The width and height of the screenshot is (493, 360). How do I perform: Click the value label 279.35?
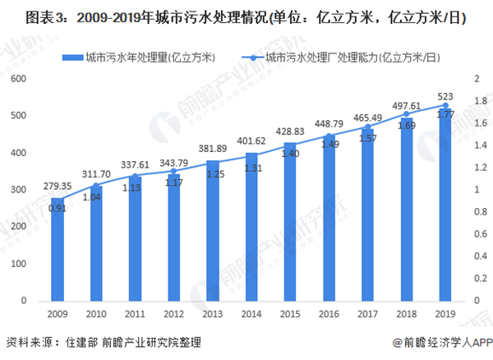click(x=58, y=186)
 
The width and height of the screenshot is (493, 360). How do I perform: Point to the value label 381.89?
click(x=213, y=148)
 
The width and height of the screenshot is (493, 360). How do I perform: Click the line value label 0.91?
click(x=58, y=208)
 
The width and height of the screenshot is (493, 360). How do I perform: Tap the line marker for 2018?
click(x=407, y=114)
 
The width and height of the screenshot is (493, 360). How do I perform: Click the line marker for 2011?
click(x=135, y=175)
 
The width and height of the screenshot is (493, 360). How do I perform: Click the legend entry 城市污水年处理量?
click(x=145, y=57)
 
